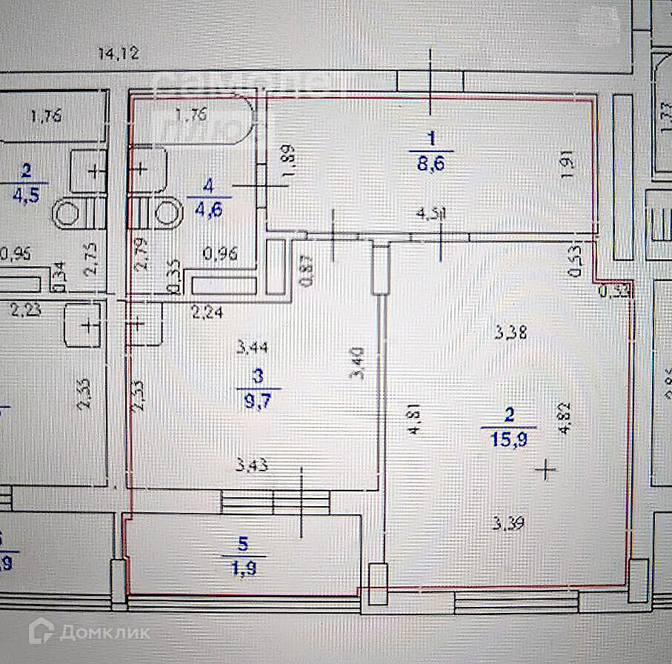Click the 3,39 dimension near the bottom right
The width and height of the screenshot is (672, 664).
click(x=510, y=525)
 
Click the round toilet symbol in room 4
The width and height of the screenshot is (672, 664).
click(x=167, y=214)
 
